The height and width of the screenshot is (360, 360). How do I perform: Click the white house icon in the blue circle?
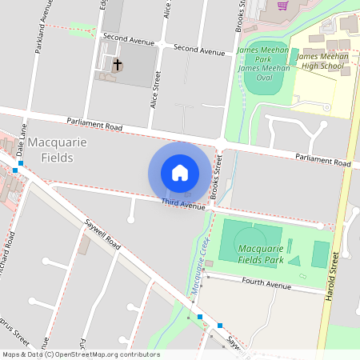click(x=180, y=173)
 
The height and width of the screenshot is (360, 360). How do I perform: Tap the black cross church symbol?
click(x=118, y=64)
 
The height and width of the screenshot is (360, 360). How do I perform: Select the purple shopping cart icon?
click(x=282, y=5)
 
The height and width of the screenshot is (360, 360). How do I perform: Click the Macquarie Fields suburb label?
click(x=50, y=150)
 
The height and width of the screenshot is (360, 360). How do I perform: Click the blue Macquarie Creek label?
click(x=197, y=269)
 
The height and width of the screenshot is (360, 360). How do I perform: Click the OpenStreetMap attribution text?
click(x=81, y=354)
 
